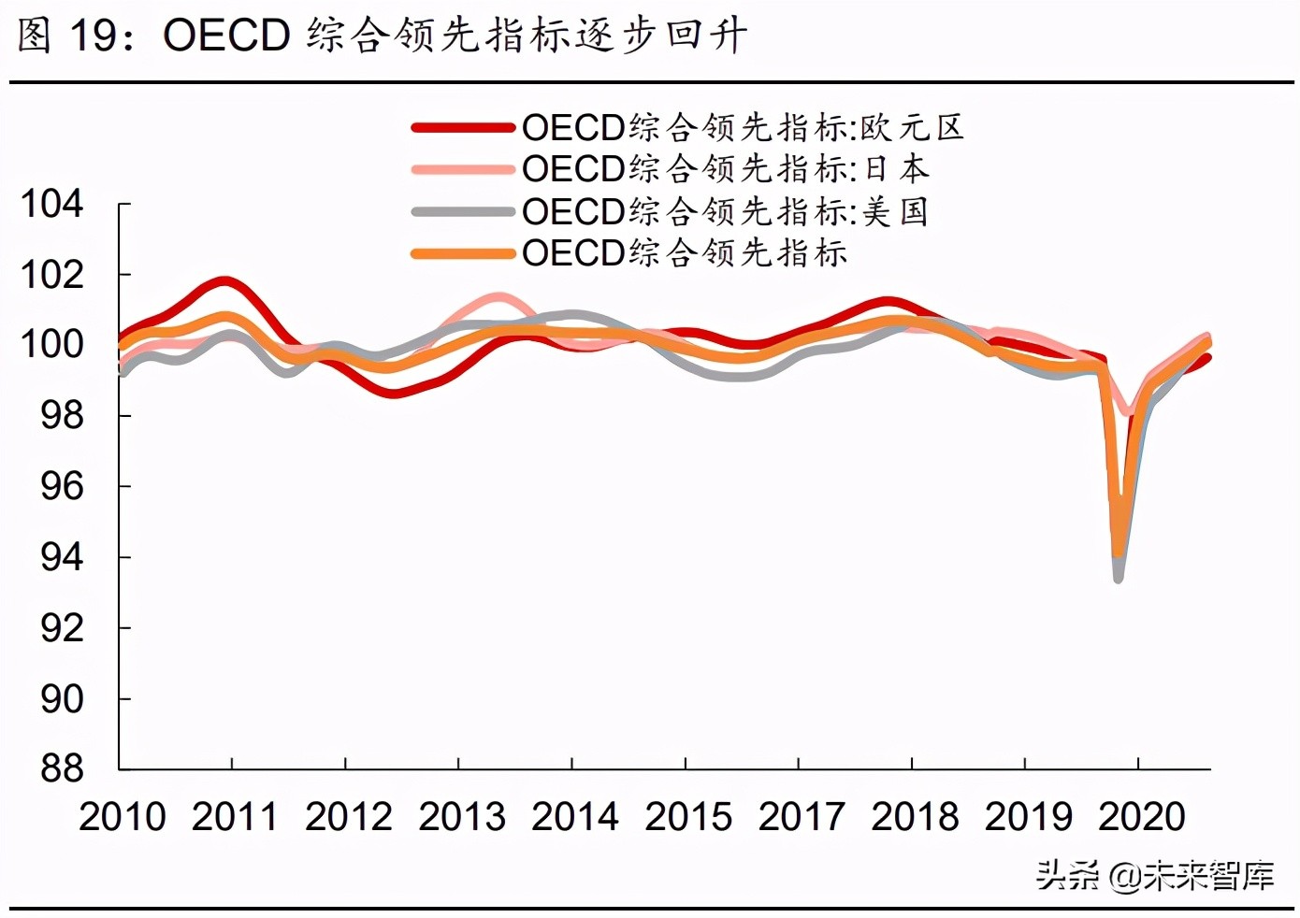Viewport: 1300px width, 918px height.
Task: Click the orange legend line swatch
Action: (x=463, y=253)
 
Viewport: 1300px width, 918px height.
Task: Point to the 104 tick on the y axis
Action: (x=52, y=204)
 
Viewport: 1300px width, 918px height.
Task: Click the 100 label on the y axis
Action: (x=52, y=345)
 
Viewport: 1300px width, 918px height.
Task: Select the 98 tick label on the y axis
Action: (x=62, y=416)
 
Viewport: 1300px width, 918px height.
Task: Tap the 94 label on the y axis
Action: (x=62, y=558)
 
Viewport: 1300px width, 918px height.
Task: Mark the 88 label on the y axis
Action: (x=62, y=769)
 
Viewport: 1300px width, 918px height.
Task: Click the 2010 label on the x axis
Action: (x=122, y=817)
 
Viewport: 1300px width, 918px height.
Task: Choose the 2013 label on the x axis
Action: (x=461, y=817)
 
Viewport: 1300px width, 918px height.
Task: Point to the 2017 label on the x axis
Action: (x=801, y=817)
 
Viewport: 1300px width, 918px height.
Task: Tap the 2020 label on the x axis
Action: (x=1141, y=817)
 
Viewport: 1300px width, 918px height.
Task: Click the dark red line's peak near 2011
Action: (x=224, y=280)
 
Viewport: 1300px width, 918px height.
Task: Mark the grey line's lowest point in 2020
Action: (x=1118, y=579)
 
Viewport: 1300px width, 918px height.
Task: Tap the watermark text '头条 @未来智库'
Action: (x=1154, y=876)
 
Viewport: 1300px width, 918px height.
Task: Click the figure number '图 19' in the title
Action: (x=70, y=36)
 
